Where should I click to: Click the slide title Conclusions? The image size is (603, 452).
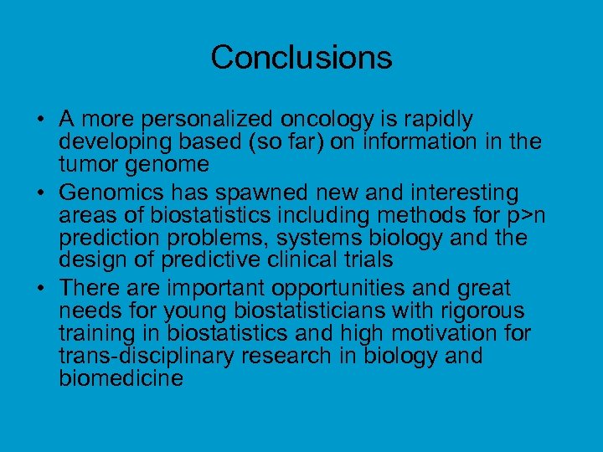pyautogui.click(x=301, y=58)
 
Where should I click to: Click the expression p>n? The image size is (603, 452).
pyautogui.click(x=528, y=216)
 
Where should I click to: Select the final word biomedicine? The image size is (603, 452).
pyautogui.click(x=121, y=378)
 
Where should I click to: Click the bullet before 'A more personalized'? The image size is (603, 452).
pyautogui.click(x=40, y=121)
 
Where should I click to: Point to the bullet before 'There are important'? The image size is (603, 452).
pyautogui.click(x=40, y=290)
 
